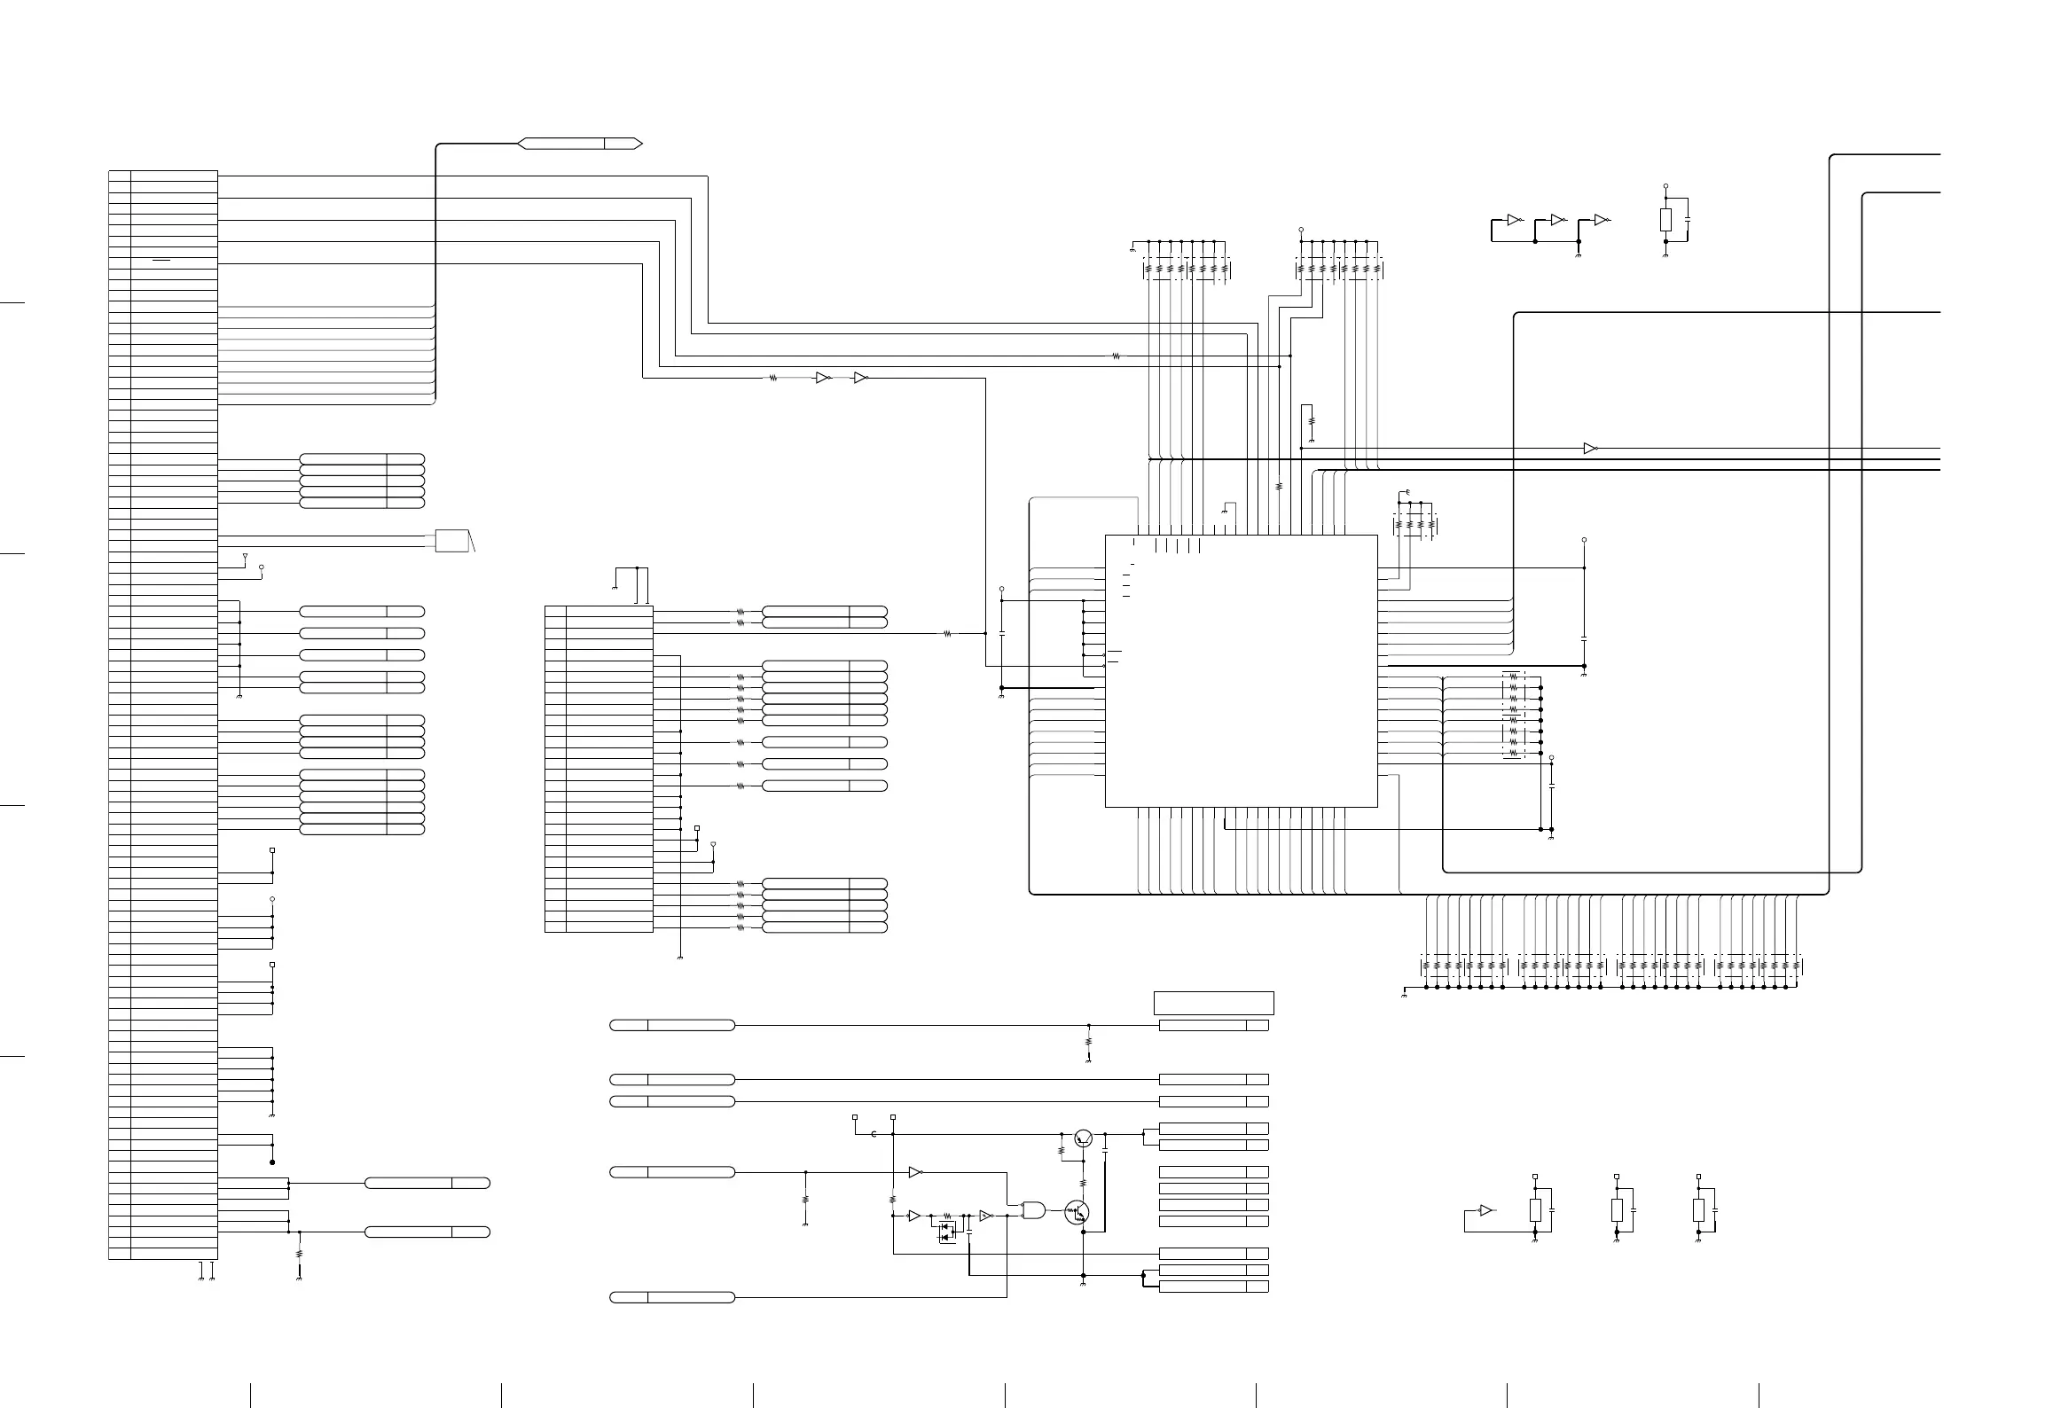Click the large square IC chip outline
click(x=1241, y=670)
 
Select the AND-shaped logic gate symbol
click(x=1033, y=1209)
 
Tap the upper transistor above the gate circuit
click(x=1083, y=1138)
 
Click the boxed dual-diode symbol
click(x=947, y=1232)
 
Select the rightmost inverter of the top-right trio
click(x=1602, y=220)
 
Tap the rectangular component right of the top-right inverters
click(x=1665, y=220)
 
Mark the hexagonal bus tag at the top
click(x=580, y=144)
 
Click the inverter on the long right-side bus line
click(x=1590, y=449)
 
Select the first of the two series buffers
click(x=822, y=378)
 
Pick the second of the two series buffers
click(x=859, y=378)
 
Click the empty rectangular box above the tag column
click(x=1213, y=1003)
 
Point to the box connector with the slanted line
click(x=451, y=541)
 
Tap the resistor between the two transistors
click(x=1083, y=1183)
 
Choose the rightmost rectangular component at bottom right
click(x=1698, y=1210)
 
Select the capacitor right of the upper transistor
click(x=1105, y=1150)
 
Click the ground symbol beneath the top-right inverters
click(x=1579, y=255)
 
